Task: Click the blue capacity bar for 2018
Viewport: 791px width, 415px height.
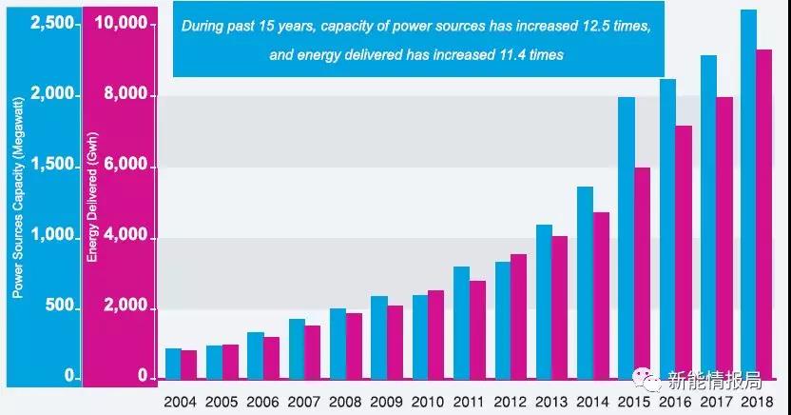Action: [748, 190]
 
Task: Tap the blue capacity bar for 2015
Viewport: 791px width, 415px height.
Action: [626, 238]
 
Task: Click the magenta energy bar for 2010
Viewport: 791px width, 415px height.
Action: [435, 334]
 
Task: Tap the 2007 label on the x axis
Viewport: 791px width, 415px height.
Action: [304, 403]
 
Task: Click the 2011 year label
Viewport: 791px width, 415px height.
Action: [469, 403]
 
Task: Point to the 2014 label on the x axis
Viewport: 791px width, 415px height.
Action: [592, 403]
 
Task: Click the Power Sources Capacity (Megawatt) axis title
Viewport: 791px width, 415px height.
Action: [16, 215]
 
